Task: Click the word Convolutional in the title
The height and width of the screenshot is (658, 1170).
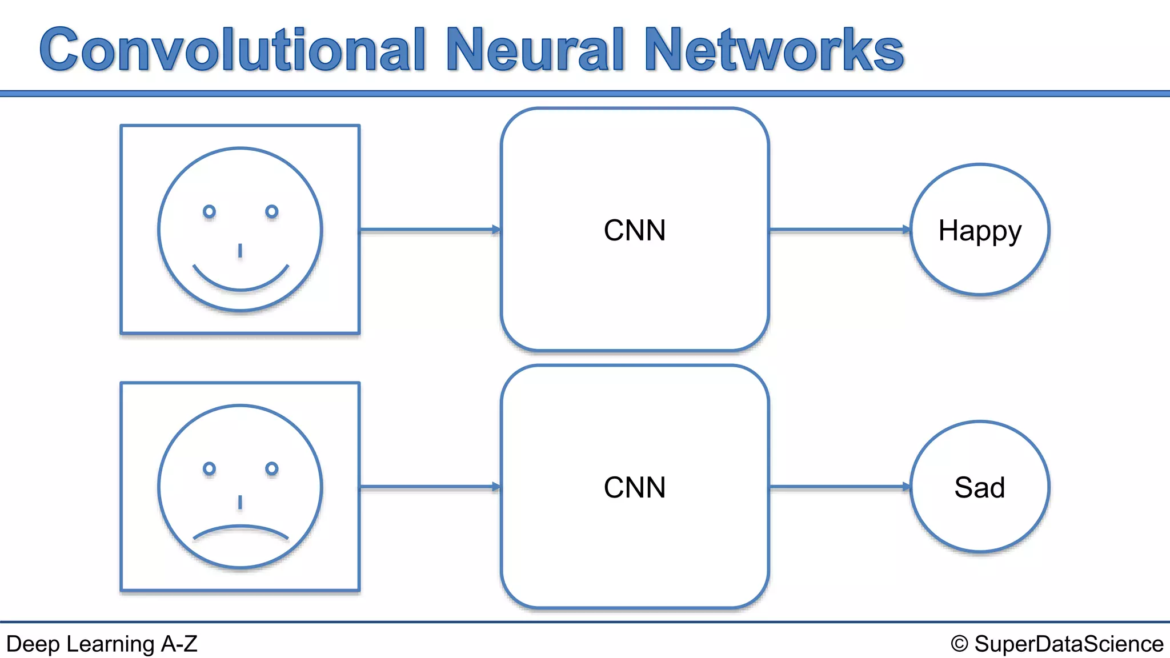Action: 233,50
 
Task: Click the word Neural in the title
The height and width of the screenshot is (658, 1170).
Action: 535,50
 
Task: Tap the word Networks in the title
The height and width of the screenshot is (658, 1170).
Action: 774,50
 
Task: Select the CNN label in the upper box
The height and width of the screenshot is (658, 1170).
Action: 635,231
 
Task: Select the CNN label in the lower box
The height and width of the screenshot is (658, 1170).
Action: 635,488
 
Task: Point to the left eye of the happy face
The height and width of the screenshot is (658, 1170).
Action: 210,212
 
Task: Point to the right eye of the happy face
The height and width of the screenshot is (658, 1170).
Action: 272,212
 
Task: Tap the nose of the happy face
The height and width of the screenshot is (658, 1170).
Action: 240,251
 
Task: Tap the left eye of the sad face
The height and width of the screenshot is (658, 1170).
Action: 210,469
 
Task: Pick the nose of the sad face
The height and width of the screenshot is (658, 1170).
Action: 240,502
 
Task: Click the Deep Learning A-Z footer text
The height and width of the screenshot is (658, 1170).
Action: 102,644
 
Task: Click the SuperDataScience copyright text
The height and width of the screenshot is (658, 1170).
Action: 1057,644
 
